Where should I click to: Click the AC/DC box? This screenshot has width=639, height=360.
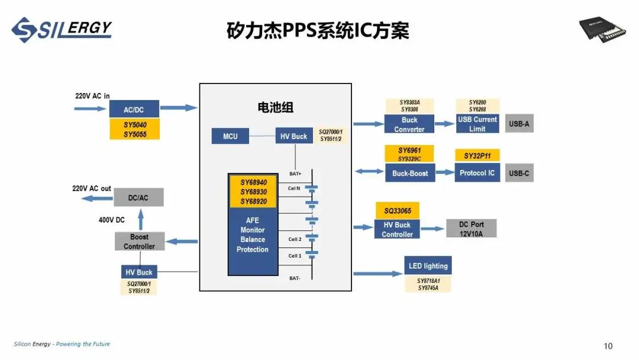click(134, 110)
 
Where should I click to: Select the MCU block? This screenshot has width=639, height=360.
click(230, 136)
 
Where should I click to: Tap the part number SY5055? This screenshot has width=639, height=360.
click(135, 134)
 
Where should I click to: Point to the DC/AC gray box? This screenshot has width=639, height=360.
click(138, 198)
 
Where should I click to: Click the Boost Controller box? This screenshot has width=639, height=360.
click(139, 242)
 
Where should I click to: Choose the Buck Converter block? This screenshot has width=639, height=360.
click(409, 124)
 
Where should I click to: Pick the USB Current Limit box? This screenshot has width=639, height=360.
click(477, 124)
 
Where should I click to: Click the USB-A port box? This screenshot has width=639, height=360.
click(519, 124)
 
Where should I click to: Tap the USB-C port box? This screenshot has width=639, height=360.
click(519, 173)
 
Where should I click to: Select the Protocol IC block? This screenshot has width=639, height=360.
click(477, 173)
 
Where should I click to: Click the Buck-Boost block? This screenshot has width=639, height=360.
click(409, 173)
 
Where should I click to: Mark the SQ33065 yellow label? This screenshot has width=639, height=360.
click(397, 211)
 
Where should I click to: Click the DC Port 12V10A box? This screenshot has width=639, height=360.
click(471, 229)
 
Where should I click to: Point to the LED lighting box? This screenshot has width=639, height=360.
click(428, 266)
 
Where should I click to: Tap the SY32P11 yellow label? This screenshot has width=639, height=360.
click(477, 156)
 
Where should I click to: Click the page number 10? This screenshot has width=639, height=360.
click(608, 346)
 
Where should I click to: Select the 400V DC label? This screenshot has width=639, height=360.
click(111, 220)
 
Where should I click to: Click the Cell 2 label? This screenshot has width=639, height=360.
click(295, 239)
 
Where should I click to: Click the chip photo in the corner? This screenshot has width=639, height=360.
click(602, 30)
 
